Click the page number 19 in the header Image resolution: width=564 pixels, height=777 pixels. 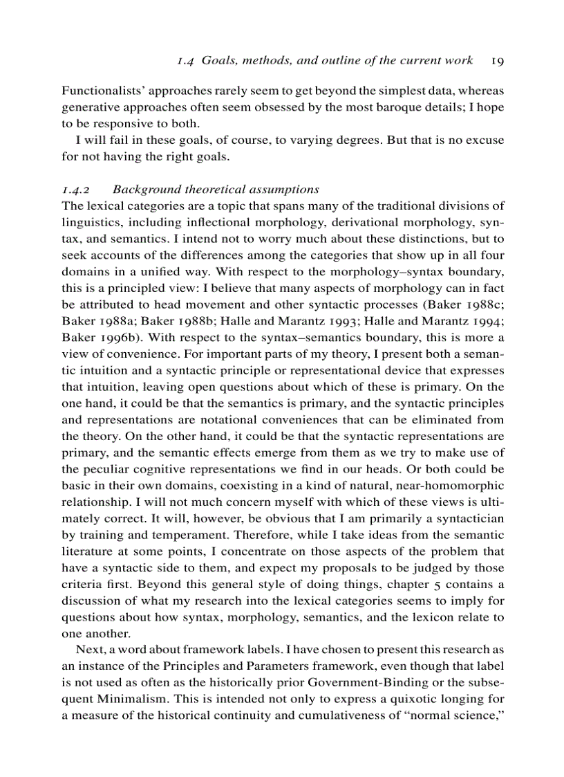[x=497, y=60]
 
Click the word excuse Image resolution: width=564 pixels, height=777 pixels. [x=485, y=140]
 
